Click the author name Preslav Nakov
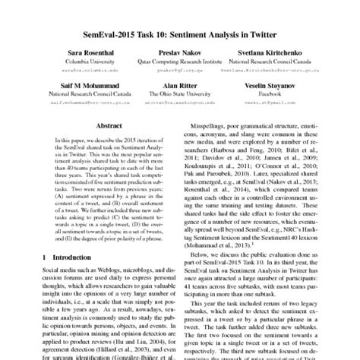point(179,52)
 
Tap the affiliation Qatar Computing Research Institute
point(179,60)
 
